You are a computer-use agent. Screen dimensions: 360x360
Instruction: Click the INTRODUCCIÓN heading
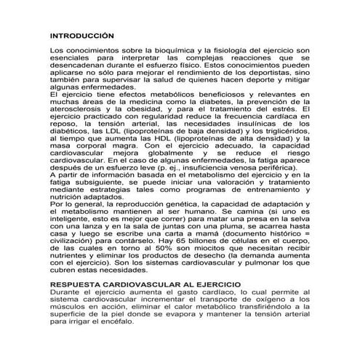click(82, 35)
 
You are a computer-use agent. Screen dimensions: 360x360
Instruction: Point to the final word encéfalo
click(129, 321)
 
